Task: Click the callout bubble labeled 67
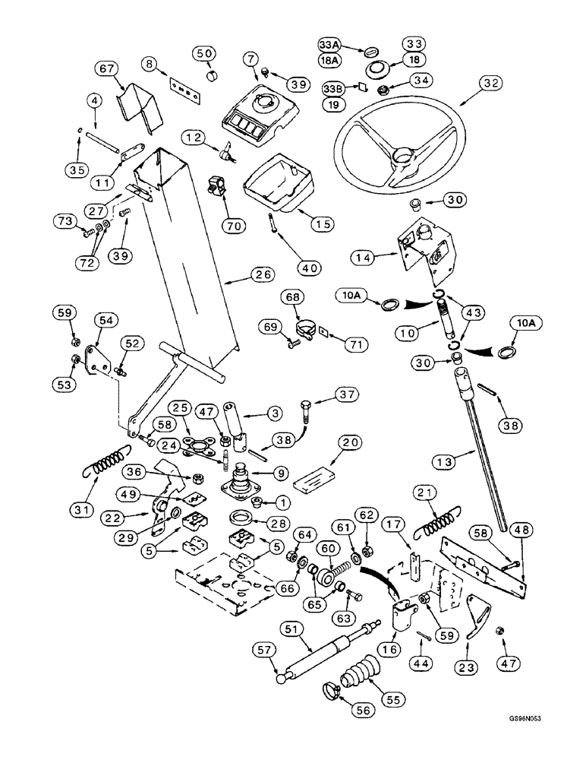(x=106, y=70)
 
